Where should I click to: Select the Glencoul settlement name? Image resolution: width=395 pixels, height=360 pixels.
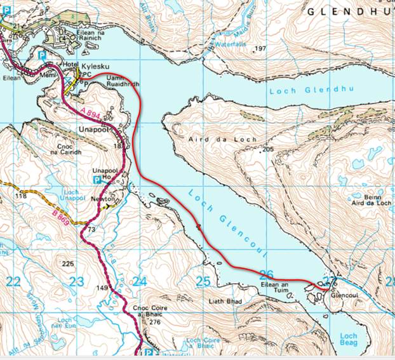click(345, 297)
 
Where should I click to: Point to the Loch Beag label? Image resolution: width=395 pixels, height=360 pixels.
click(349, 339)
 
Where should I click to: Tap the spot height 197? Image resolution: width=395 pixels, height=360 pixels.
click(260, 49)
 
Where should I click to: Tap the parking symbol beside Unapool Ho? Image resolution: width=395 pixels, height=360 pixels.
click(97, 180)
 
